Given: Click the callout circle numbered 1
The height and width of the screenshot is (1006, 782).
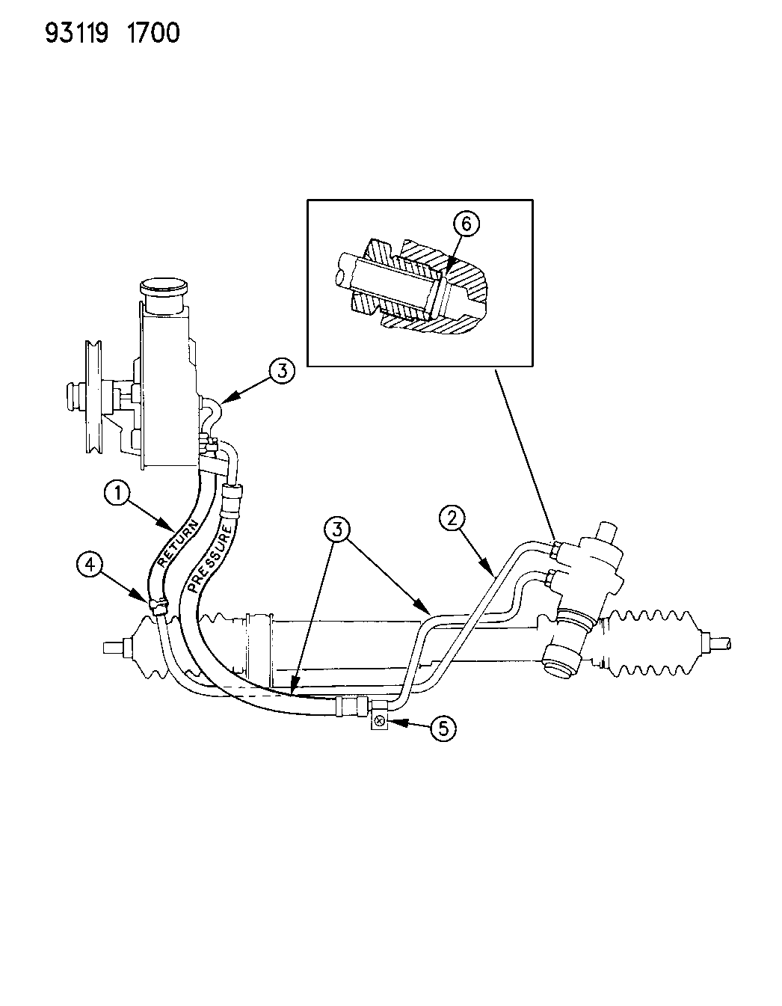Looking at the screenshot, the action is pos(118,494).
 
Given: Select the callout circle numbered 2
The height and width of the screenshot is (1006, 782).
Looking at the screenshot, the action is pos(452,518).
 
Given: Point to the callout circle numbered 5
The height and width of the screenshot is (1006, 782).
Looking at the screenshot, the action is pos(443,729).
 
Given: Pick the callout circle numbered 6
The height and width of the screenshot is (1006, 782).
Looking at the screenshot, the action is pos(466,224).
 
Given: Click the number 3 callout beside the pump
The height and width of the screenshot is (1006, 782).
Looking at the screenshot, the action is pos(282,372).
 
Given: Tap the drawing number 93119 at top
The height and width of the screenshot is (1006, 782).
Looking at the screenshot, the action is pos(77,34).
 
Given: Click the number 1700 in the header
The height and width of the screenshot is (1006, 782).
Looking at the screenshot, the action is pos(153,34).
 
